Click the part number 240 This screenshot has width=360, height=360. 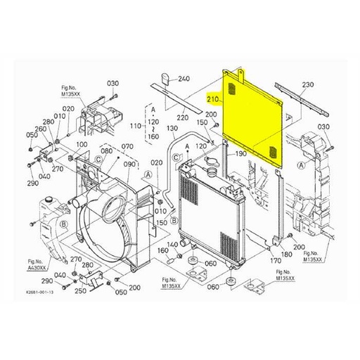pos(184,79)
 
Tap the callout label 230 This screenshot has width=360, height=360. pos(307,85)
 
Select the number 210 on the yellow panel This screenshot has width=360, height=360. pos(214,101)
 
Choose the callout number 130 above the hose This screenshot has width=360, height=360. pos(172,129)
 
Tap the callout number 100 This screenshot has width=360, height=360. pos(82,144)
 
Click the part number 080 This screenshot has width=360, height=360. pos(107,150)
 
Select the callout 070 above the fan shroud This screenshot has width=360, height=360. pos(127,146)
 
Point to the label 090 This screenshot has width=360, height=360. pos(129,164)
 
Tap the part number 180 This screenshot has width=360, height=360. pos(286,254)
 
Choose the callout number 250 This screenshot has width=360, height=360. pos(81,290)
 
